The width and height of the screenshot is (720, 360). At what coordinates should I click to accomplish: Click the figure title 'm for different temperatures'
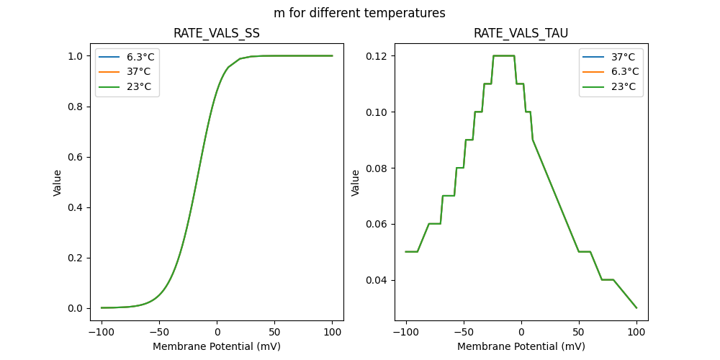pyautogui.click(x=359, y=13)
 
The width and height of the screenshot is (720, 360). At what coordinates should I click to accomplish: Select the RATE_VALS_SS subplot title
pyautogui.click(x=217, y=34)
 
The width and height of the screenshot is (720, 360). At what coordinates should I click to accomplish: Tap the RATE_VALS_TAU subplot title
pyautogui.click(x=521, y=34)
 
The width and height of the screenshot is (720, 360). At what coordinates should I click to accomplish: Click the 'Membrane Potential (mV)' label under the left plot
pyautogui.click(x=217, y=346)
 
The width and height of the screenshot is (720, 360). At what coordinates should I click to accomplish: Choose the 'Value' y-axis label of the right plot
pyautogui.click(x=356, y=183)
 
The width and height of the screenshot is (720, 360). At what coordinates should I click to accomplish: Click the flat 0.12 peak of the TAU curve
pyautogui.click(x=504, y=55)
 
